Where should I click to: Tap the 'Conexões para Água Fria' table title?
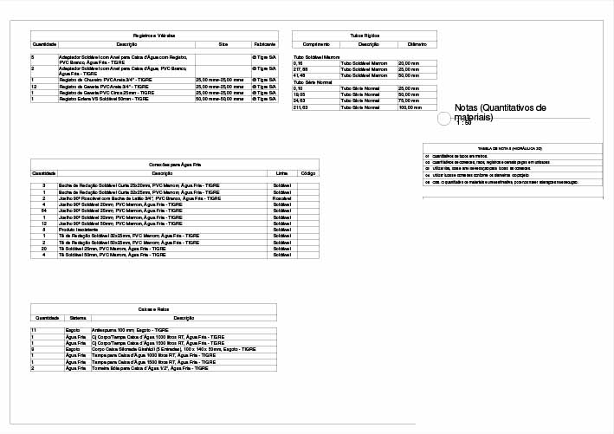pos(174,164)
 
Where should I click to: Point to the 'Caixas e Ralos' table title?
pos(154,309)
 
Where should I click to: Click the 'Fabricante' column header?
pos(264,43)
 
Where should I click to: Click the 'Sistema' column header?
pos(78,319)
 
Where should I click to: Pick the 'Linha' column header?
pos(281,173)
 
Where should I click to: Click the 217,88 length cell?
pos(301,69)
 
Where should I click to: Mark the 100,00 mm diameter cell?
pos(410,107)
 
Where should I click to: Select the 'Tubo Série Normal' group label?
pos(313,81)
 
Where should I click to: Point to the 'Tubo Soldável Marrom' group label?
pos(317,56)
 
